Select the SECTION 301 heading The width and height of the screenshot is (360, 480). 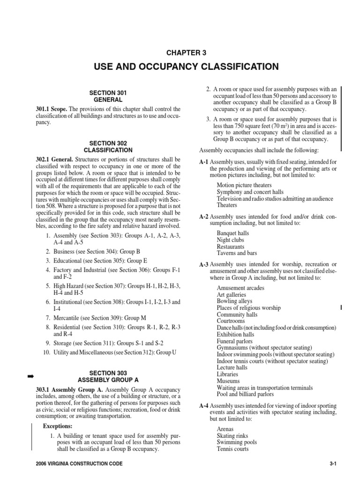click(x=108, y=93)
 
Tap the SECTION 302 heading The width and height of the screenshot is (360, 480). click(x=108, y=143)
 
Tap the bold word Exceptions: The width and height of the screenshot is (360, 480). click(x=58, y=426)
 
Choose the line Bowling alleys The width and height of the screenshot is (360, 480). click(x=234, y=301)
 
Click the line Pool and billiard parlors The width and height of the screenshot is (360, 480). click(x=246, y=395)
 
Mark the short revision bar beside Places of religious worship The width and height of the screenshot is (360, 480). click(x=341, y=307)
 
